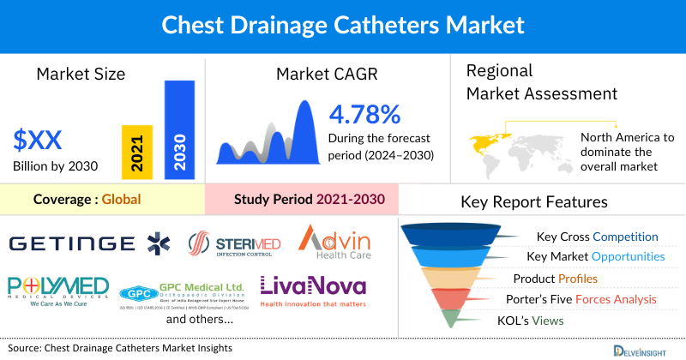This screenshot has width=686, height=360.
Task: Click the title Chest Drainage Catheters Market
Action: tap(343, 25)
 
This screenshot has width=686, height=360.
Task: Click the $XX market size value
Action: tap(39, 139)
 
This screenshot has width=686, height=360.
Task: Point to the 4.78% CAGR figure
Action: tap(364, 114)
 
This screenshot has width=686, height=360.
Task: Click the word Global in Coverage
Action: tap(121, 199)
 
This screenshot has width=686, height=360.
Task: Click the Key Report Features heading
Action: tap(534, 202)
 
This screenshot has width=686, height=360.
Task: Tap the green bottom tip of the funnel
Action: tap(449, 320)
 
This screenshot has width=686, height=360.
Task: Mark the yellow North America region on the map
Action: tap(486, 141)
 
